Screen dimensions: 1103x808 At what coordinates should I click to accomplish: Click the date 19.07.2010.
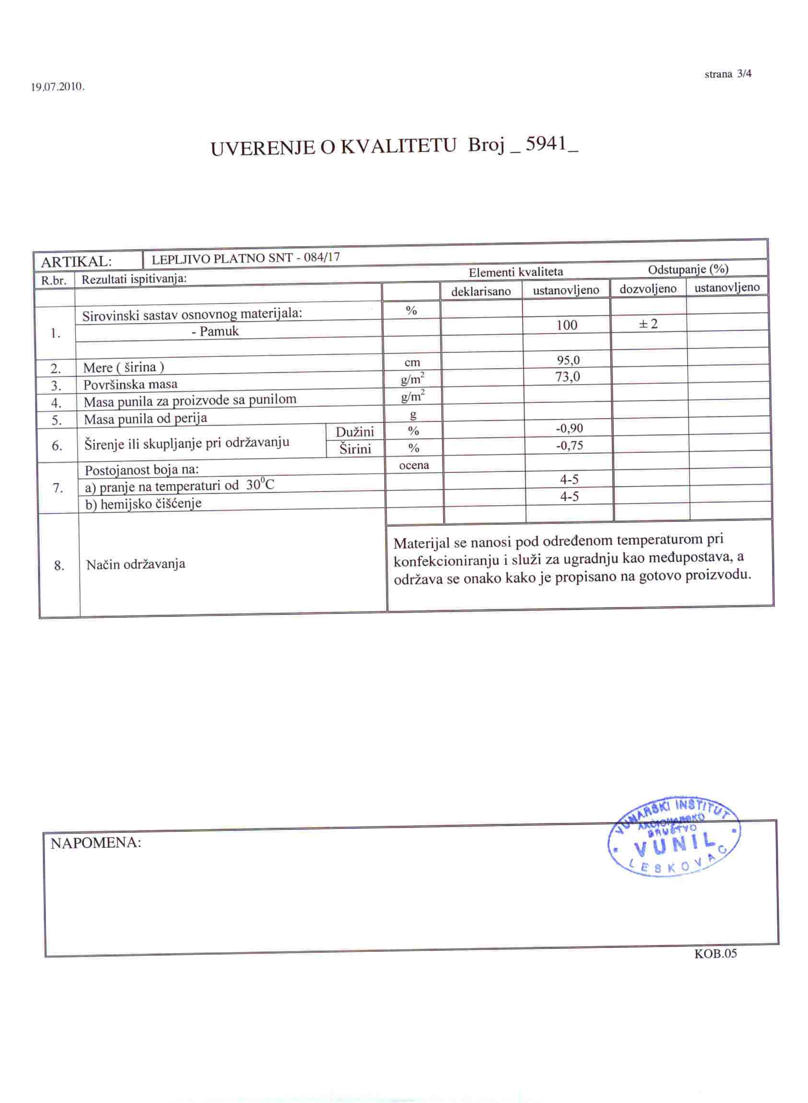tap(58, 88)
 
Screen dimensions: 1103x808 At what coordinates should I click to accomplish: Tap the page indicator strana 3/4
tap(728, 74)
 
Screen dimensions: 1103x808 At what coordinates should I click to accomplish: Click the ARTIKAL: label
tap(76, 262)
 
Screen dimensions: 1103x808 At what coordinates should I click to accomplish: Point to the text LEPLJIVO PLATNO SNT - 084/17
tap(246, 258)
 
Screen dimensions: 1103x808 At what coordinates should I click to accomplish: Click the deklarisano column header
tap(481, 292)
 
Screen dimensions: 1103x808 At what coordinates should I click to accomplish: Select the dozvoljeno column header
tap(648, 289)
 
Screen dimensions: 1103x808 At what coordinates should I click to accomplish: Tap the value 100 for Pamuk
tap(566, 325)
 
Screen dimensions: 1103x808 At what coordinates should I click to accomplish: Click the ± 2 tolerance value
tap(648, 323)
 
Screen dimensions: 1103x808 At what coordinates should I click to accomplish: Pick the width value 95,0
tap(568, 361)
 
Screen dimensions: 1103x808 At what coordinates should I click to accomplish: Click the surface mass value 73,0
tap(568, 377)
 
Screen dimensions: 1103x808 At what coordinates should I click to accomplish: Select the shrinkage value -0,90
tap(569, 428)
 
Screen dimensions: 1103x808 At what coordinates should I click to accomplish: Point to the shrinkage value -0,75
tap(569, 446)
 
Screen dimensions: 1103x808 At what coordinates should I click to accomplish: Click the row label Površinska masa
tap(130, 384)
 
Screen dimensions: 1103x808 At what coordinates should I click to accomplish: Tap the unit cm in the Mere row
tap(412, 363)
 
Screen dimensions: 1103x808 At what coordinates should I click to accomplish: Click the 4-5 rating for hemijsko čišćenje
tap(569, 497)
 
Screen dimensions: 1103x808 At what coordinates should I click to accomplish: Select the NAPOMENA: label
tap(96, 843)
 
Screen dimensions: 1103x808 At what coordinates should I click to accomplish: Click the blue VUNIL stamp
tap(674, 839)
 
